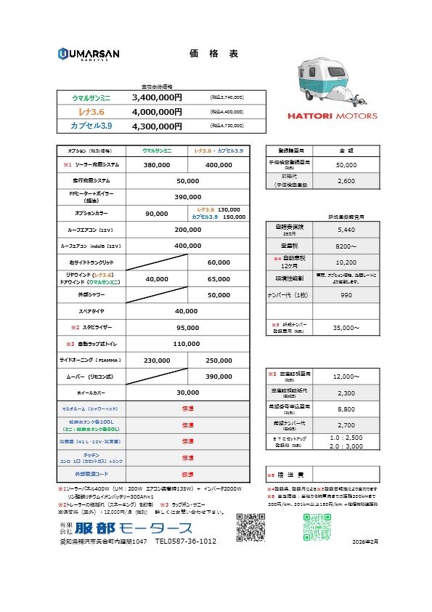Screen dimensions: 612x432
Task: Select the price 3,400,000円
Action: pos(157,97)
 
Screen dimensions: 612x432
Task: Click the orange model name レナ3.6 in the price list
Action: pos(91,112)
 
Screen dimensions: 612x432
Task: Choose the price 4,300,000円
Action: pos(157,126)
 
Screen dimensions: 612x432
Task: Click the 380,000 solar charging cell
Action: pos(157,165)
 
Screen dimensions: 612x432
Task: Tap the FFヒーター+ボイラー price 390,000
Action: pos(187,197)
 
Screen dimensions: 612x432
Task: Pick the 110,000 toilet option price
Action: pos(187,343)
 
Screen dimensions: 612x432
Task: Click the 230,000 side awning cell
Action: pos(157,360)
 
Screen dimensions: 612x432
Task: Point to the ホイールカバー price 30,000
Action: pos(187,392)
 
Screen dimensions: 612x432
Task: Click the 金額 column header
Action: pos(346,150)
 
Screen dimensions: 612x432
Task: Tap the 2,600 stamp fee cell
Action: pos(346,181)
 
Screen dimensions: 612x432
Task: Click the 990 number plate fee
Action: pos(346,296)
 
